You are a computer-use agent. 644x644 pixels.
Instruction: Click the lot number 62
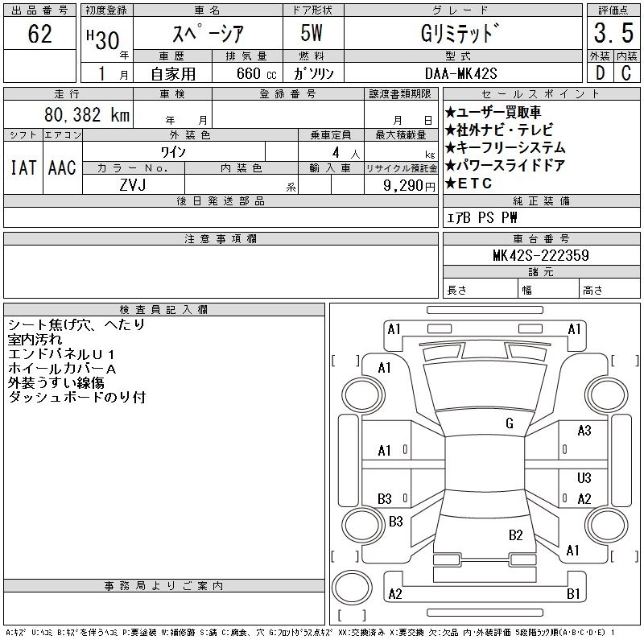(39, 35)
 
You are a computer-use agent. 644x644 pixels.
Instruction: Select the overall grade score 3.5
(611, 35)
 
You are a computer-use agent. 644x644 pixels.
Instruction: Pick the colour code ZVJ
(134, 185)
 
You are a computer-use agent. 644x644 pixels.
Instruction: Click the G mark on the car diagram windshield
(510, 423)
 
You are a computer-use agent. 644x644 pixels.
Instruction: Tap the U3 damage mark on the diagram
(584, 478)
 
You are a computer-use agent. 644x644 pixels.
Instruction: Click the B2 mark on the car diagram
(516, 535)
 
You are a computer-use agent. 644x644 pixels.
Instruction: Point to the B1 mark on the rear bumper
(574, 594)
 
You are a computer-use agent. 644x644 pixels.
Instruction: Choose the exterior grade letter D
(598, 72)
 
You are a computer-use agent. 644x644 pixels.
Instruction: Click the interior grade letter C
(625, 72)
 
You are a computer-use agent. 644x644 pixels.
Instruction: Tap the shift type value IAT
(23, 167)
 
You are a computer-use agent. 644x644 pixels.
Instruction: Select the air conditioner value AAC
(62, 167)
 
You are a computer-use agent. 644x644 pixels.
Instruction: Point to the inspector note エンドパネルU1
(62, 354)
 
